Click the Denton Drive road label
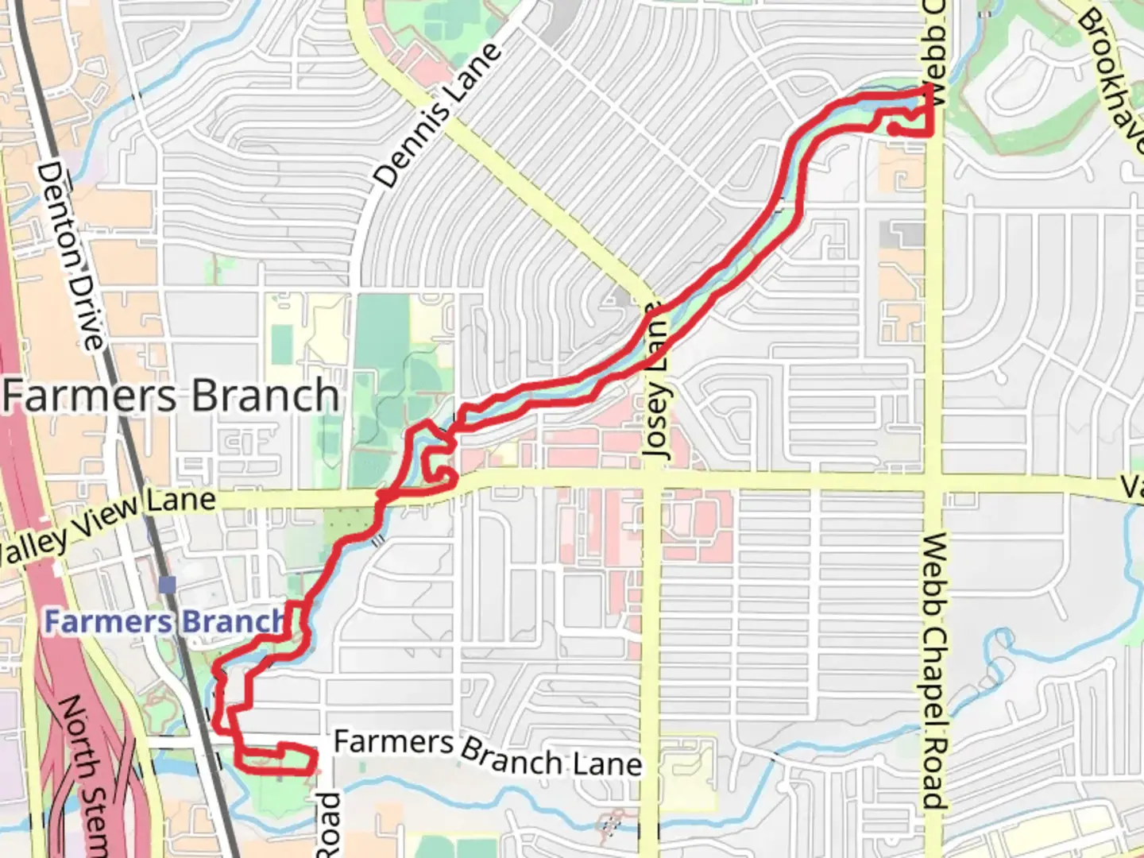[71, 254]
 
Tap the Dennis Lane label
[438, 116]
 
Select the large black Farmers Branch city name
[171, 396]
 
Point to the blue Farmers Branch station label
[164, 621]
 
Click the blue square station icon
[167, 586]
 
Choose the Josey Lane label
[657, 381]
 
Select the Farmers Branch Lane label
[487, 752]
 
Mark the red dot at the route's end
[894, 127]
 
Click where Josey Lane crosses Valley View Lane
[653, 480]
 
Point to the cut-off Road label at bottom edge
[329, 826]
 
